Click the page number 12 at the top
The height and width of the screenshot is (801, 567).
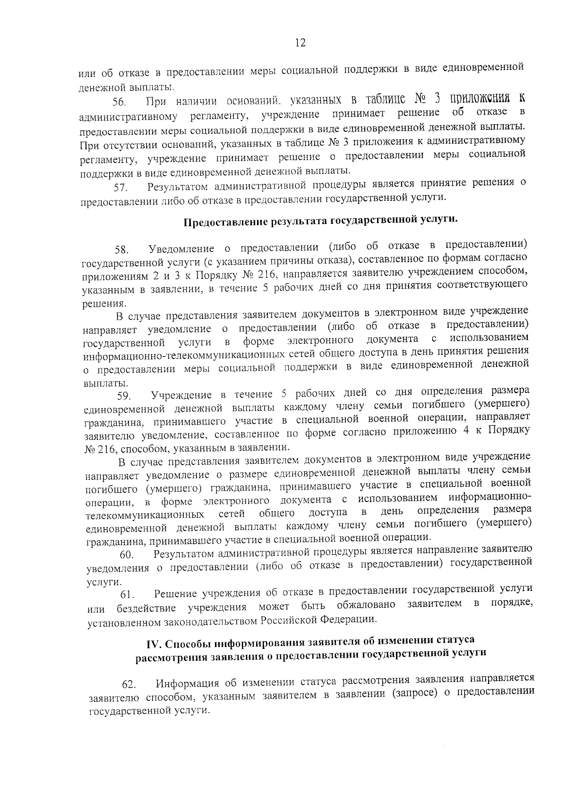pyautogui.click(x=300, y=43)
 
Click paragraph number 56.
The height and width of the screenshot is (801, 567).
pyautogui.click(x=119, y=102)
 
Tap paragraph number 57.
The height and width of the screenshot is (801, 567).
pyautogui.click(x=120, y=187)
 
